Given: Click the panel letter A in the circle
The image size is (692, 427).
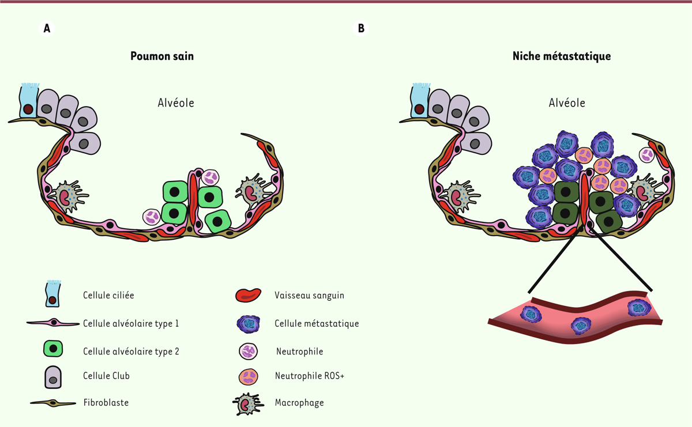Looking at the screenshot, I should pyautogui.click(x=47, y=28).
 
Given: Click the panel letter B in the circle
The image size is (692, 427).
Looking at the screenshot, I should pyautogui.click(x=361, y=28).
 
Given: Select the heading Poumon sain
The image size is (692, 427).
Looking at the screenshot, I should pyautogui.click(x=162, y=56).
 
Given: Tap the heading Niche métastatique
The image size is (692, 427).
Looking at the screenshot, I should pyautogui.click(x=561, y=56).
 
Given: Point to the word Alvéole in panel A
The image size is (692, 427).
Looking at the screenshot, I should pyautogui.click(x=176, y=103).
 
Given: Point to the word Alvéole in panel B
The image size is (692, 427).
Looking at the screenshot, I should pyautogui.click(x=567, y=103).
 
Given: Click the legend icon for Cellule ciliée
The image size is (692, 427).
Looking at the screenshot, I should pyautogui.click(x=52, y=293).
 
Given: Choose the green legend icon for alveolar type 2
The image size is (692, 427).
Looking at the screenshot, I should pyautogui.click(x=53, y=349).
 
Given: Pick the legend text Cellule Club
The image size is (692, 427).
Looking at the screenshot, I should pyautogui.click(x=106, y=376).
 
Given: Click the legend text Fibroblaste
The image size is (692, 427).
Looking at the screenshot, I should pyautogui.click(x=106, y=403).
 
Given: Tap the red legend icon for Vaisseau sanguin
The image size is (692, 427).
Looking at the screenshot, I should pyautogui.click(x=249, y=295).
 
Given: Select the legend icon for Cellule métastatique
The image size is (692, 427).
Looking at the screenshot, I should pyautogui.click(x=249, y=324).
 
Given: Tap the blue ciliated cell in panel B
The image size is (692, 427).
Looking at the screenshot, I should pyautogui.click(x=419, y=103).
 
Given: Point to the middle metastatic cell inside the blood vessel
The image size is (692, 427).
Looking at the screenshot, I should pyautogui.click(x=581, y=326).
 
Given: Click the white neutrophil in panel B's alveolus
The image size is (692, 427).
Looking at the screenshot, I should pyautogui.click(x=648, y=154).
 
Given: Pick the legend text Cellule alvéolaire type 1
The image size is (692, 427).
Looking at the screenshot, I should pyautogui.click(x=131, y=323).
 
